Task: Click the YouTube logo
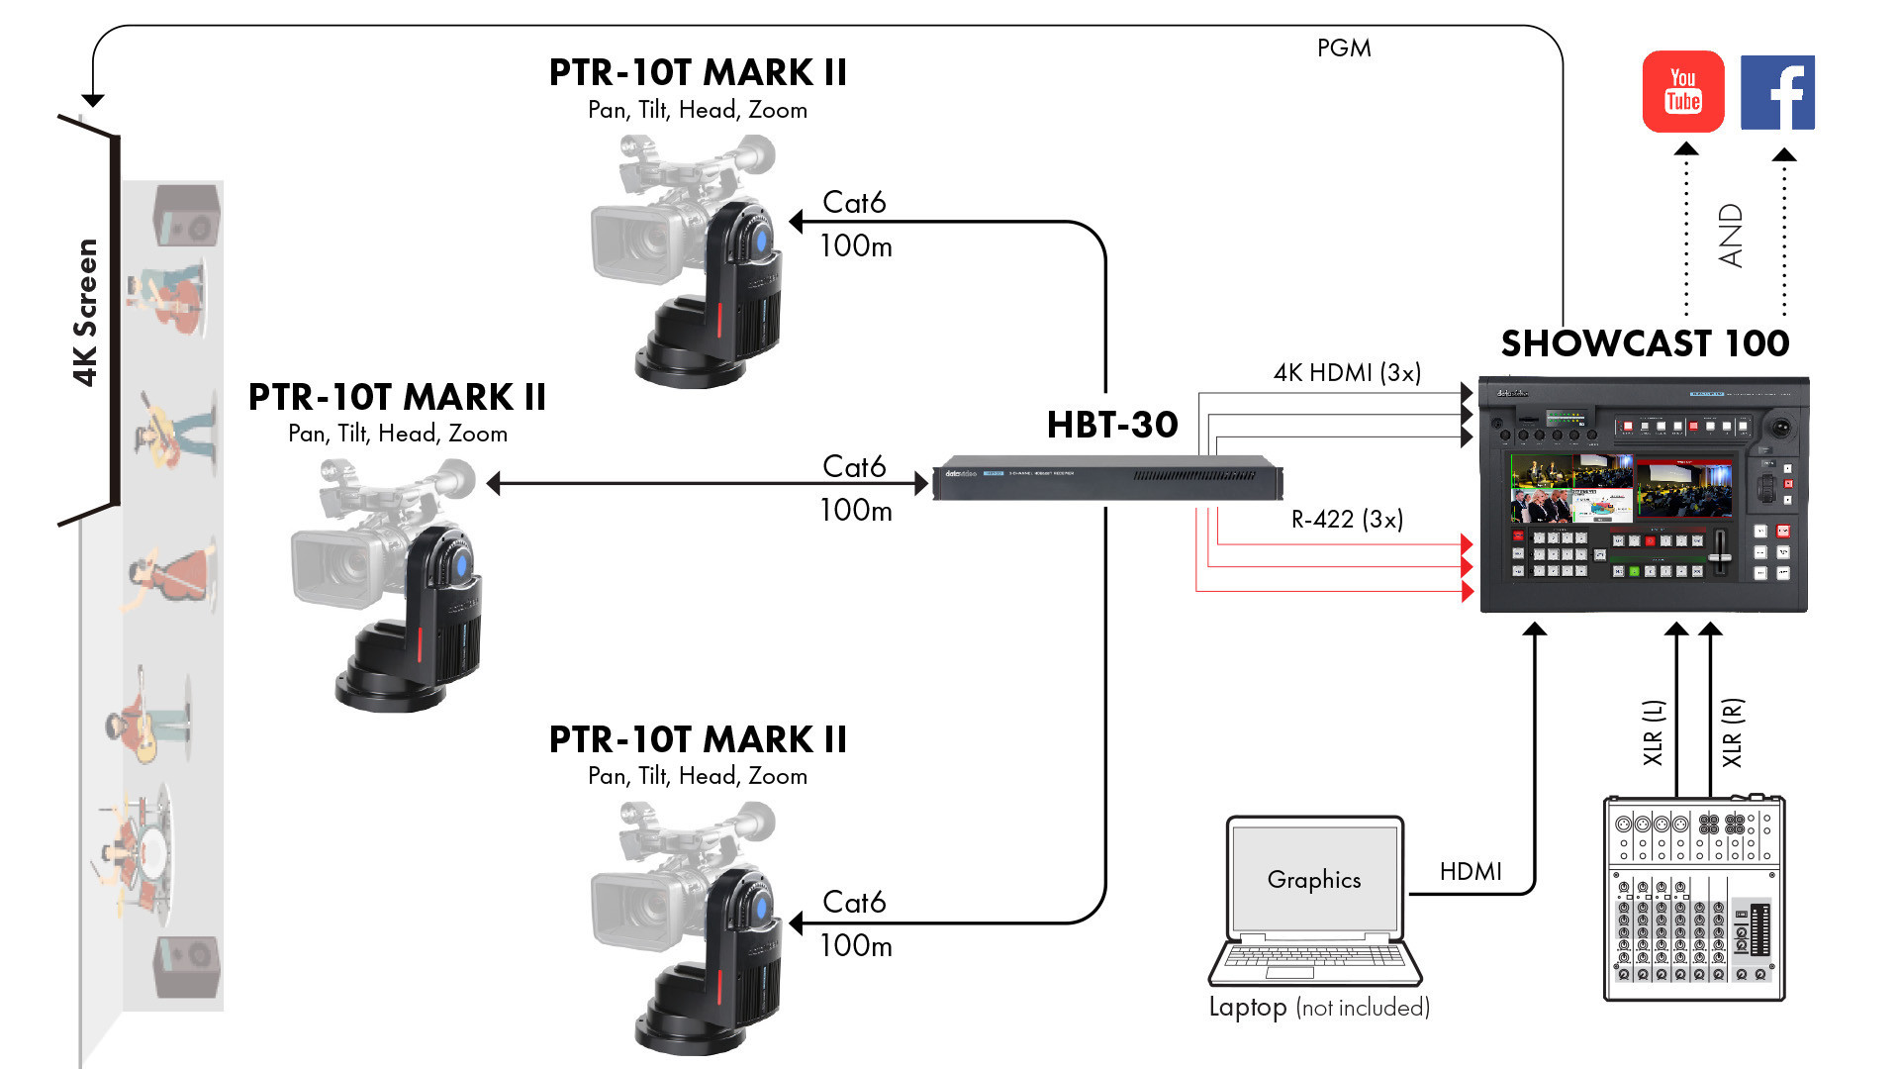[x=1682, y=91]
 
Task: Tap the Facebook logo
[x=1777, y=92]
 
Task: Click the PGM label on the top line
[x=1343, y=48]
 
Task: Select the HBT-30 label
[x=1112, y=425]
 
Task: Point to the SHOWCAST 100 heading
[x=1645, y=343]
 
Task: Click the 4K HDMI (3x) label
[x=1347, y=372]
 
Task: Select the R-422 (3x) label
[x=1347, y=519]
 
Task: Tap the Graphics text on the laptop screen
[x=1314, y=879]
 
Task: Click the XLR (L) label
[x=1654, y=732]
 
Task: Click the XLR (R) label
[x=1732, y=732]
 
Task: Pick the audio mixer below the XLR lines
[x=1693, y=898]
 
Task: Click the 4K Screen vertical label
[x=86, y=312]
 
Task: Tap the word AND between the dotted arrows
[x=1731, y=236]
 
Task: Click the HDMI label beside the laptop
[x=1471, y=871]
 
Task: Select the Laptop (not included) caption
[x=1319, y=1007]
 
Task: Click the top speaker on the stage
[x=187, y=215]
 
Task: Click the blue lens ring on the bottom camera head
[x=760, y=909]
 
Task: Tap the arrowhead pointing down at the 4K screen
[x=93, y=100]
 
